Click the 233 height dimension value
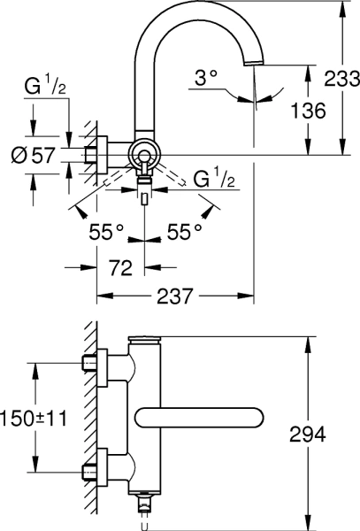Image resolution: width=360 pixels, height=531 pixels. click(x=341, y=78)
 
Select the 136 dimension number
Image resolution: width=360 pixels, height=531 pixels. click(x=308, y=110)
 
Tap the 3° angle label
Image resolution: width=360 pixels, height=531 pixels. click(x=206, y=78)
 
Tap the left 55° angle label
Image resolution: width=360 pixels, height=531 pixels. click(x=107, y=232)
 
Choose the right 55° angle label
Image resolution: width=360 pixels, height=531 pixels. click(x=185, y=232)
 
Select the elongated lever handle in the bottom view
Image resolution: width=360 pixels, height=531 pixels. click(x=199, y=419)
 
